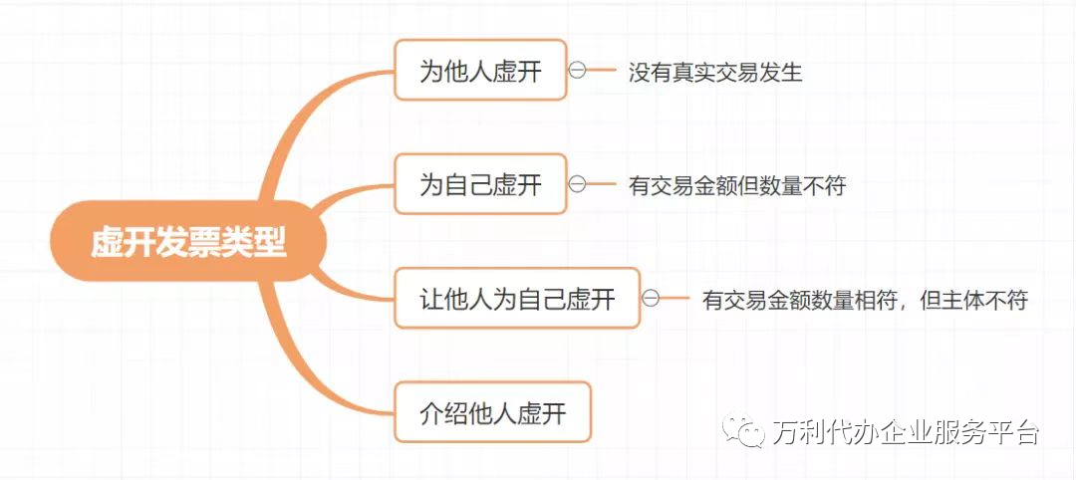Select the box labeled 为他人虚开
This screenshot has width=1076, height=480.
pos(480,71)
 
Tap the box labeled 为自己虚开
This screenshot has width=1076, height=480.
pos(480,184)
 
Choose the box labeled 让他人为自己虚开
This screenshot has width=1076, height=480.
pos(517,298)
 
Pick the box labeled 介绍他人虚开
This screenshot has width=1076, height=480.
pos(493,412)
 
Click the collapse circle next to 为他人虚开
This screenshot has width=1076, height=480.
pos(577,70)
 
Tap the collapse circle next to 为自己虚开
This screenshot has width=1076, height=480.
pos(577,183)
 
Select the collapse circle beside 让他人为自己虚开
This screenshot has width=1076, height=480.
pos(651,297)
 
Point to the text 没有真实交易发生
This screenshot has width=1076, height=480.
pos(715,72)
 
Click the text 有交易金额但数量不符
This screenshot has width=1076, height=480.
pos(737,185)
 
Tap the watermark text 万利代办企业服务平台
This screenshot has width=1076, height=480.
pos(906,432)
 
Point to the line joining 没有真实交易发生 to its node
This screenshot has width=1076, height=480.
pos(602,71)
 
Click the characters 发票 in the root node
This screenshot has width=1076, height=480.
pos(187,242)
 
